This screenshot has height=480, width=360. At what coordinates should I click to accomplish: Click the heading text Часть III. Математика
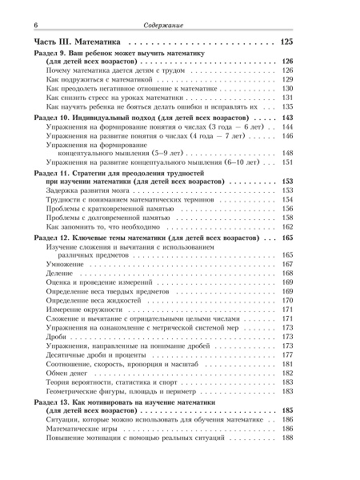point(76,41)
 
